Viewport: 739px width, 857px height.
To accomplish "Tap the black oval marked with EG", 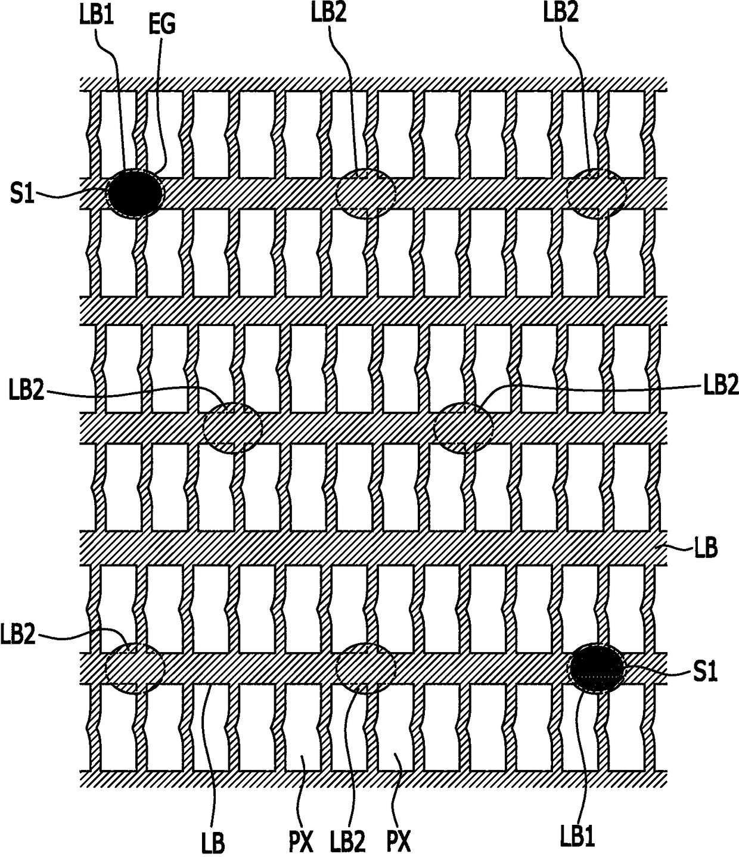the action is coord(135,192).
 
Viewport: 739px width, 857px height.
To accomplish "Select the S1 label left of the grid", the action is coord(22,194).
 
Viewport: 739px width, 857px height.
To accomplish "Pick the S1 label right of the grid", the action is coord(704,672).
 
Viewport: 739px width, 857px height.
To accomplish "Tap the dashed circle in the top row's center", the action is coord(366,193).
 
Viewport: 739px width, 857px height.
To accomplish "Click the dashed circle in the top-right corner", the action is coord(596,193).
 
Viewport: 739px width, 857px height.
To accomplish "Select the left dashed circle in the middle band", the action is coord(232,427).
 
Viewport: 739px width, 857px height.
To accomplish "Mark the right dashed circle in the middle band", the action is coord(463,427).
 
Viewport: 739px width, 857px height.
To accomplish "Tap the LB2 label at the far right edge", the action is coord(721,386).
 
